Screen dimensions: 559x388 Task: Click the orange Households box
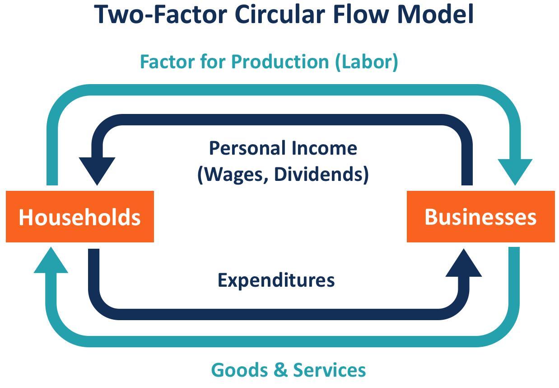(x=80, y=217)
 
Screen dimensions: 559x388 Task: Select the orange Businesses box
(x=481, y=217)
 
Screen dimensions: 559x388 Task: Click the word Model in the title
(x=435, y=14)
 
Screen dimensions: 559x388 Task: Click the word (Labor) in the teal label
(x=367, y=62)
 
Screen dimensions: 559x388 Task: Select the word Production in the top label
(x=280, y=62)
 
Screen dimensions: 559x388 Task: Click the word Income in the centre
(x=324, y=148)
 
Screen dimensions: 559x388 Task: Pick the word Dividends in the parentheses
(x=321, y=174)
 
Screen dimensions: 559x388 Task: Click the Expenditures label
(x=276, y=280)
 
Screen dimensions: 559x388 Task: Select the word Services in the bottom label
(x=330, y=370)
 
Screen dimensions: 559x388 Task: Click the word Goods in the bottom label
(x=240, y=370)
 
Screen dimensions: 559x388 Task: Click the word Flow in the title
(x=361, y=14)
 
